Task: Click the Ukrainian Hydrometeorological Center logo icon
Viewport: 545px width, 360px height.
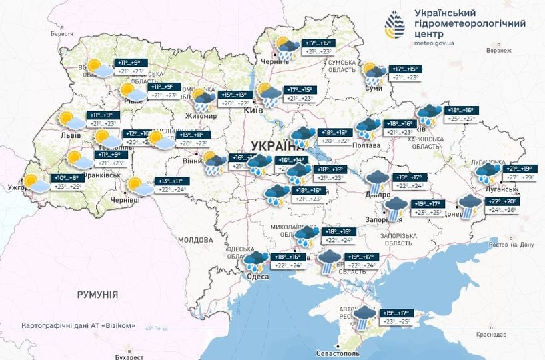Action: coord(394,26)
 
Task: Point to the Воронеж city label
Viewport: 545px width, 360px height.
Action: coord(498,51)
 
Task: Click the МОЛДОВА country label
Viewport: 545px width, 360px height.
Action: coord(195,239)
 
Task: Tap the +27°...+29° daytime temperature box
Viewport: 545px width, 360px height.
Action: coord(520,178)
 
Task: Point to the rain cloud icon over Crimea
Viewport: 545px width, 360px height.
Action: coord(365,317)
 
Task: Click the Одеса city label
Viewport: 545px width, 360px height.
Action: coord(257,277)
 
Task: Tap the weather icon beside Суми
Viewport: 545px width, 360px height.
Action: coord(374,73)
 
